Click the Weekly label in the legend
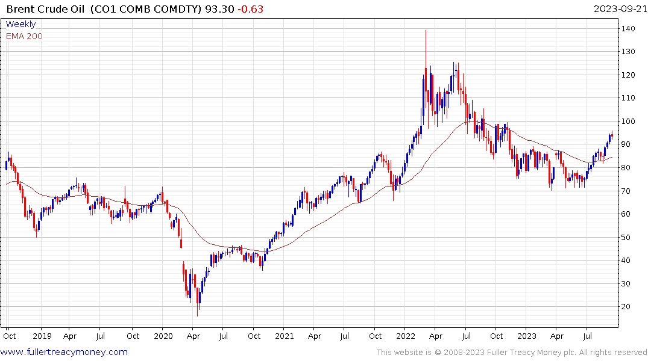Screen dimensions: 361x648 click(x=20, y=24)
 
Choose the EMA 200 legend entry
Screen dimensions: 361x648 click(x=24, y=36)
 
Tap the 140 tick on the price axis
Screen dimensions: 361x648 click(x=630, y=28)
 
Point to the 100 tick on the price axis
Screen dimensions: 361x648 click(x=630, y=121)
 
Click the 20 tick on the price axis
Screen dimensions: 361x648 click(x=628, y=307)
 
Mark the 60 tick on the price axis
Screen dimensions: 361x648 click(x=628, y=214)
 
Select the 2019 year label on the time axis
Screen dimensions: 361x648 click(x=41, y=336)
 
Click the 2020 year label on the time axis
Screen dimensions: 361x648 click(x=163, y=336)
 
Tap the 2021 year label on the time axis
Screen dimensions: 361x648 click(x=285, y=336)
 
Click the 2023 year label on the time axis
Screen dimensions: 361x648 click(x=527, y=336)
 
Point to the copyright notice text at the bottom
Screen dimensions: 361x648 click(x=512, y=353)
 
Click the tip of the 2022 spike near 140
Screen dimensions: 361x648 click(x=426, y=31)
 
